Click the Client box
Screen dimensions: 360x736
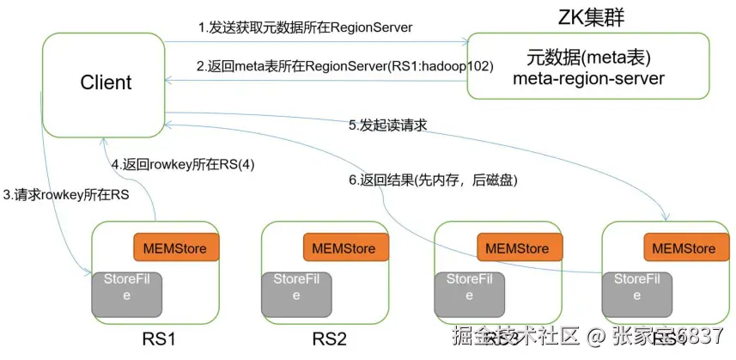click(105, 83)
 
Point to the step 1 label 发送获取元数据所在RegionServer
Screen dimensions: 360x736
click(306, 27)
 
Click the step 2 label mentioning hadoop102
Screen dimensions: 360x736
click(344, 65)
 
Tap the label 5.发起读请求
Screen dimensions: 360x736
click(387, 125)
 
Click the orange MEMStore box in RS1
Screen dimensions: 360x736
click(176, 248)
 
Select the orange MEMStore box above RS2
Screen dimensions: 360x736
click(344, 248)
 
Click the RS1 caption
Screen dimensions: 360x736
click(159, 339)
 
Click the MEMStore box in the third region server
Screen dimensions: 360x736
click(517, 248)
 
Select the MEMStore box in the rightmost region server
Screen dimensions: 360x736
click(684, 248)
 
